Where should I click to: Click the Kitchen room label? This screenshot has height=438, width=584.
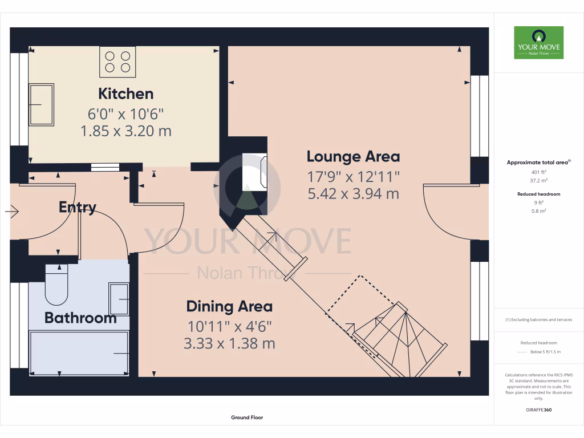click(125, 94)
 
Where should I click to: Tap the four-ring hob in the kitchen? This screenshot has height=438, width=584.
click(117, 62)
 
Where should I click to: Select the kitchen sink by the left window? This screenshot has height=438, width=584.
click(42, 104)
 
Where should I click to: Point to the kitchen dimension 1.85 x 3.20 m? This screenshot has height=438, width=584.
click(125, 131)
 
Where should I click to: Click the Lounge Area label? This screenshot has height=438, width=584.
click(353, 156)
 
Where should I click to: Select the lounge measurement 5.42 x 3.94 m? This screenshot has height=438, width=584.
click(353, 193)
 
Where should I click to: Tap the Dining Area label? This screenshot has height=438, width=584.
click(229, 306)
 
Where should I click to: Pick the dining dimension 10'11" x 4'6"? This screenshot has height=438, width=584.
click(229, 326)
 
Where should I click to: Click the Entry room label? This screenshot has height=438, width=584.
click(78, 207)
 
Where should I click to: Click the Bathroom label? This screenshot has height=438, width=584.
click(80, 318)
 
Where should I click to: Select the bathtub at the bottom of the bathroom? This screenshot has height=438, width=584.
click(79, 354)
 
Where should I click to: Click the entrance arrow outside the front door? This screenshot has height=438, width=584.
click(13, 212)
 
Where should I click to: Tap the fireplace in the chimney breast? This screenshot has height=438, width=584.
click(254, 172)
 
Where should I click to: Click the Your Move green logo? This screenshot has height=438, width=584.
click(538, 42)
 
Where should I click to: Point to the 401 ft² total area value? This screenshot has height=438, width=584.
click(539, 171)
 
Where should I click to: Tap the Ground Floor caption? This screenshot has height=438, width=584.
click(247, 417)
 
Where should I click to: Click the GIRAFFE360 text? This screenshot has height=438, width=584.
click(539, 410)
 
